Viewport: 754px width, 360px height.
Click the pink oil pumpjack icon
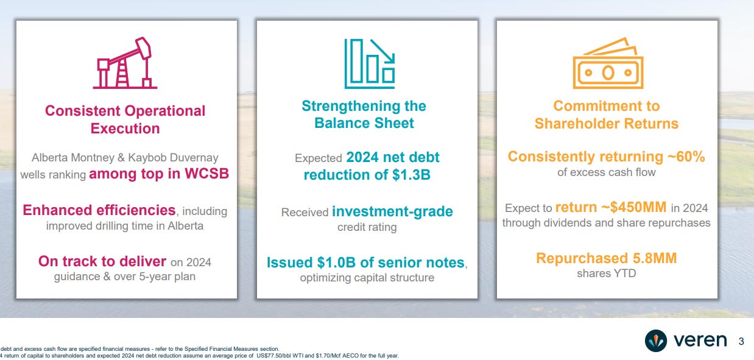125,63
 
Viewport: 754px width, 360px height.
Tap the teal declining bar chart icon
369,63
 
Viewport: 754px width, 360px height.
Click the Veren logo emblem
656,341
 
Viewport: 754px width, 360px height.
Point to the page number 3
741,342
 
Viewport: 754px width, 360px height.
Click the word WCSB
206,174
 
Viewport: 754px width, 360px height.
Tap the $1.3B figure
411,175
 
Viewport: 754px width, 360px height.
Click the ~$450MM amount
634,207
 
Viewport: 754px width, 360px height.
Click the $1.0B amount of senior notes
336,263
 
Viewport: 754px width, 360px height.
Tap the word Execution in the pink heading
125,129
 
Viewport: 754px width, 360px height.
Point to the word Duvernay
194,158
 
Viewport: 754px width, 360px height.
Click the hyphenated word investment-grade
392,211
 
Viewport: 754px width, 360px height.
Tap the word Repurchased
582,258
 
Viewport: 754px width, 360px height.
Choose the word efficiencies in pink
136,210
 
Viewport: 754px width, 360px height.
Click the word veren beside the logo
700,341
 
